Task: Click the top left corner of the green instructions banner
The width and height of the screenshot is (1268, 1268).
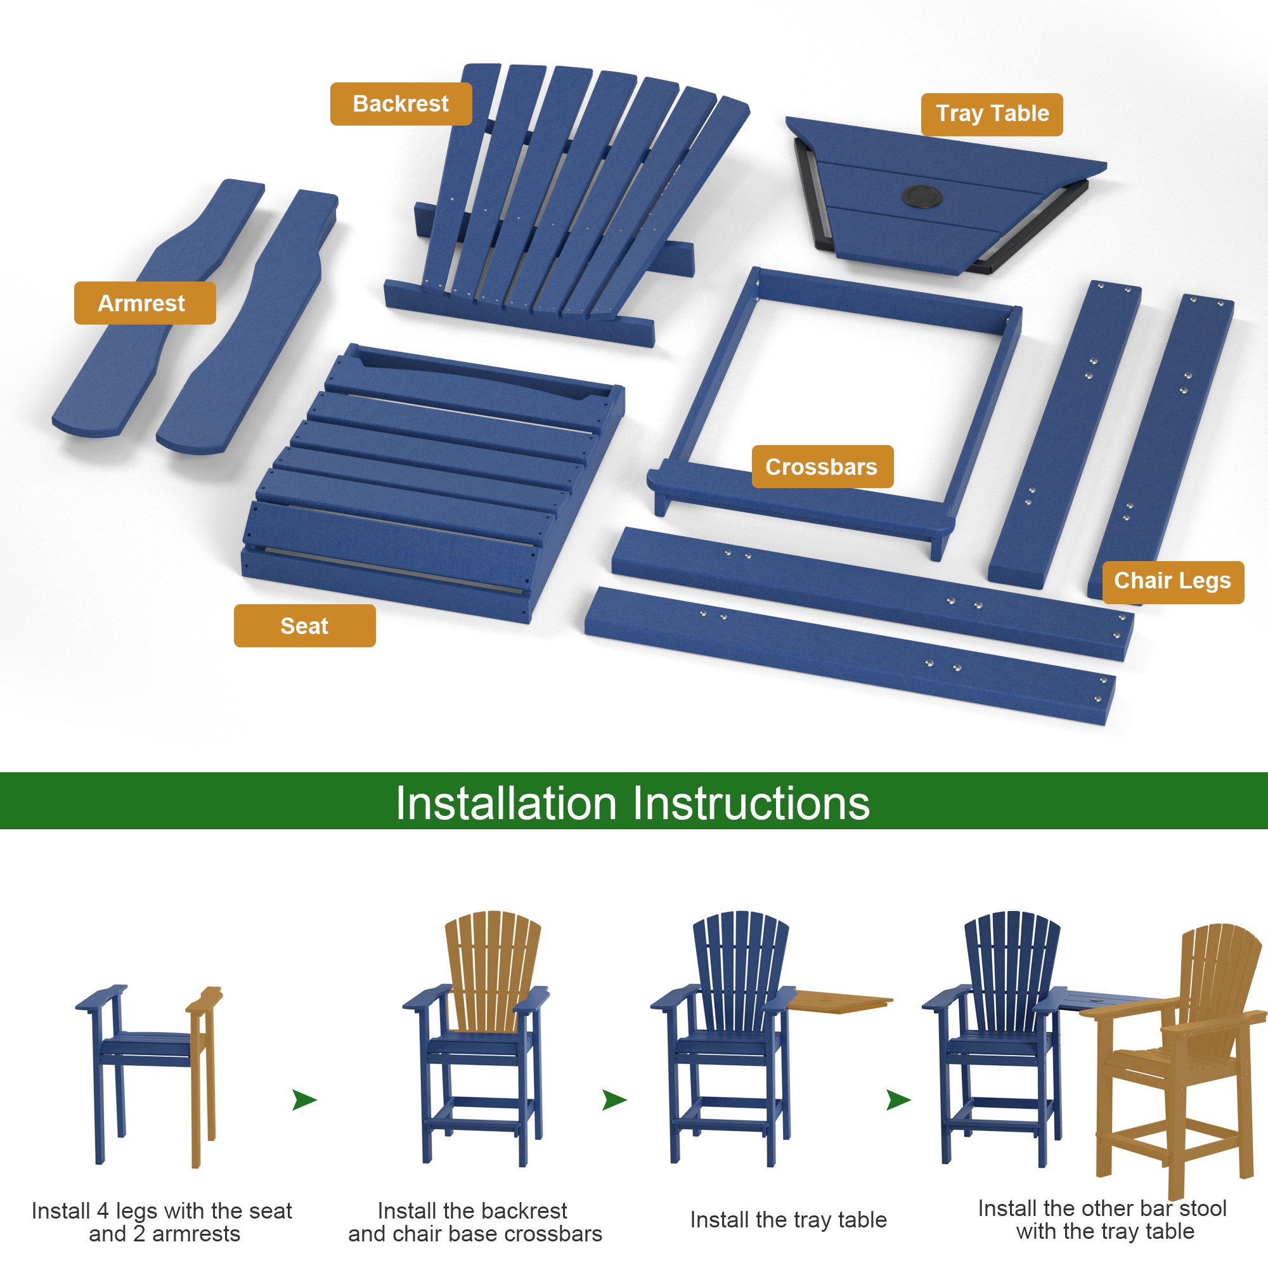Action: click(x=0, y=773)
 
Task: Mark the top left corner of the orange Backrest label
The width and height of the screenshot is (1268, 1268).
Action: click(x=330, y=82)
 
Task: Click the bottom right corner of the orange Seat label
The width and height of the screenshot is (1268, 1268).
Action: click(x=376, y=647)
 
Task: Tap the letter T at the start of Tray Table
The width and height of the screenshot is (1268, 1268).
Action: click(x=943, y=113)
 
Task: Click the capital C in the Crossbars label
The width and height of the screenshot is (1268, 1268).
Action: click(x=772, y=467)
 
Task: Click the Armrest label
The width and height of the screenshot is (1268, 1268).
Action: click(x=145, y=303)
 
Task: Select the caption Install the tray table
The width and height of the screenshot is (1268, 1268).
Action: click(x=788, y=1219)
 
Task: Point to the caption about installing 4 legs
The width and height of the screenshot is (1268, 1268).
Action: click(x=163, y=1222)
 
